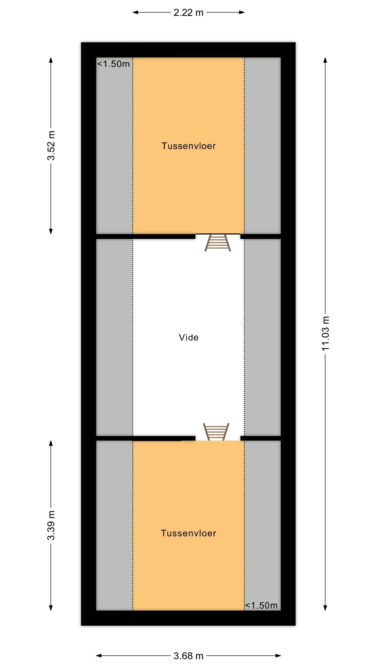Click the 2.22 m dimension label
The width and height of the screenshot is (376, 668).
tap(188, 12)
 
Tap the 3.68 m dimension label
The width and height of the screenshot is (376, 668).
tap(188, 656)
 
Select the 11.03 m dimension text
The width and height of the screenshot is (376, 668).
tap(325, 334)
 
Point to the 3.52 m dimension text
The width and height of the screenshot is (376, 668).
tap(51, 146)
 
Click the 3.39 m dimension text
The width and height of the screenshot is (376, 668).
tap(51, 525)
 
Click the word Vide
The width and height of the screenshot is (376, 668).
tap(189, 337)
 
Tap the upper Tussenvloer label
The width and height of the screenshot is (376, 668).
tap(189, 146)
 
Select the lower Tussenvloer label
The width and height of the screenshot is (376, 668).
tap(189, 533)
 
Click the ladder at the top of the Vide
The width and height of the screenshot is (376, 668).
tap(218, 243)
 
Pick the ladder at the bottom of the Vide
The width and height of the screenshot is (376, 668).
tap(216, 432)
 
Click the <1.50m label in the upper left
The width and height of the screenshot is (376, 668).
tap(113, 64)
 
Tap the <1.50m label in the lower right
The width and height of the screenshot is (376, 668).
tap(261, 605)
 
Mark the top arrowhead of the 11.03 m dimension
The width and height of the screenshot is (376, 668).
tap(325, 60)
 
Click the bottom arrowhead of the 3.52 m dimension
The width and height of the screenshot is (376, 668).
tap(51, 231)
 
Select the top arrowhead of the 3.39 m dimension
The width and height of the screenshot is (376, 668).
tap(51, 443)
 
